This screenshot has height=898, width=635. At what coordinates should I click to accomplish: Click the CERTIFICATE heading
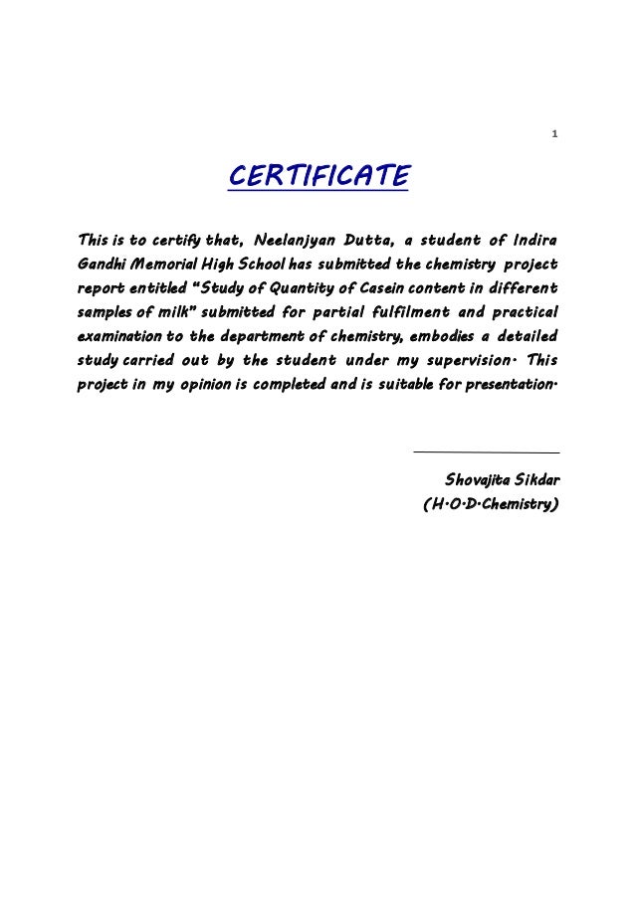318,177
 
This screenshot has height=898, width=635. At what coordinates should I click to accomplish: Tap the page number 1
555,134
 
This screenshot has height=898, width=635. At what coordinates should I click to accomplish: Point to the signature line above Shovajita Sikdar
485,453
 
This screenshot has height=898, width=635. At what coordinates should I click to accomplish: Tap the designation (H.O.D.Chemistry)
490,506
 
